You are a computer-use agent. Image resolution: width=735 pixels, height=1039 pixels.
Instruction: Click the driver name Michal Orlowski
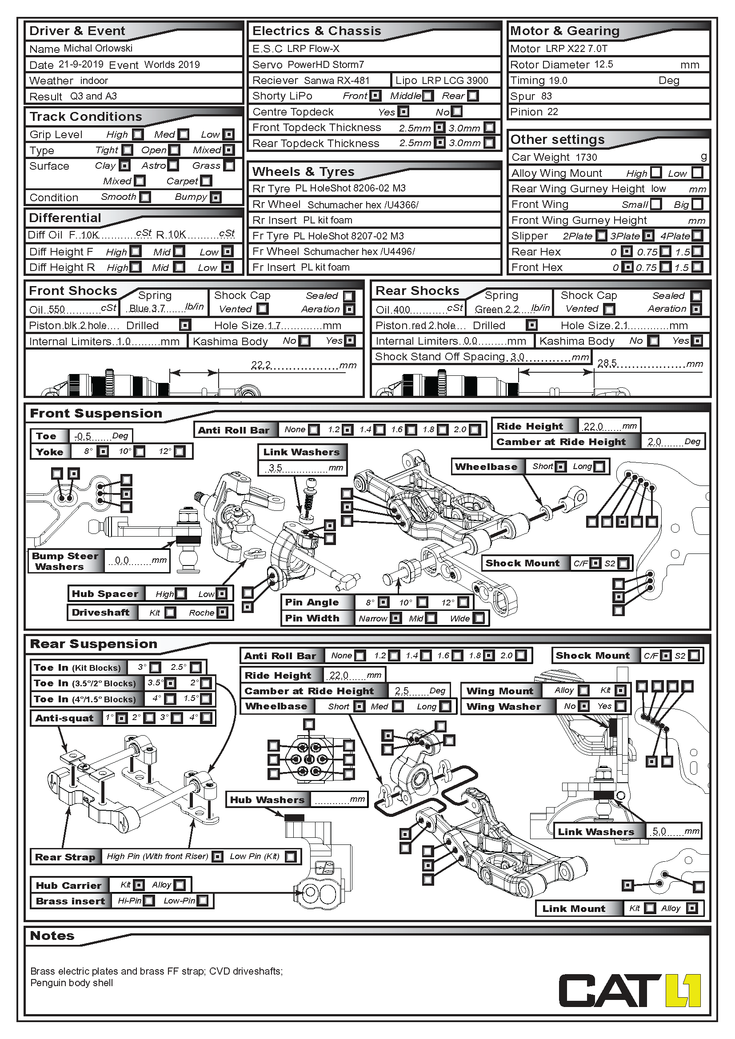98,48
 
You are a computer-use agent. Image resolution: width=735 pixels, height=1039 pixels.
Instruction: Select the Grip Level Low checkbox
229,135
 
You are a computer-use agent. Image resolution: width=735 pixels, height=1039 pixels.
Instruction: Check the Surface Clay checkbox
125,166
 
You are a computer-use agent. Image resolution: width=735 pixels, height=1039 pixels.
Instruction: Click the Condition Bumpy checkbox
216,197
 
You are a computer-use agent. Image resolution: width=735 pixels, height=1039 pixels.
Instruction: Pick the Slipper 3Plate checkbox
648,236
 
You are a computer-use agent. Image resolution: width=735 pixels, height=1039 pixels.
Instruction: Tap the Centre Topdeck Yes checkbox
403,112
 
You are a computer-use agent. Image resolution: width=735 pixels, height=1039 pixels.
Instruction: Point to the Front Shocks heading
73,291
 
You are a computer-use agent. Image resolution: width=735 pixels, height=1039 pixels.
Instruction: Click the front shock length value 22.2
261,365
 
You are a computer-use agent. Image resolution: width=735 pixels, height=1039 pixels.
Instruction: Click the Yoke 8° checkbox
103,452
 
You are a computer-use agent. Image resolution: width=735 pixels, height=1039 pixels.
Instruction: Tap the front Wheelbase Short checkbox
560,466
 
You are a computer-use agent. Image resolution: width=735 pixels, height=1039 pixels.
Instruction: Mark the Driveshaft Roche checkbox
222,613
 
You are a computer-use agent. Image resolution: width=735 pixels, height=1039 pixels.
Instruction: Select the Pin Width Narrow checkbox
395,618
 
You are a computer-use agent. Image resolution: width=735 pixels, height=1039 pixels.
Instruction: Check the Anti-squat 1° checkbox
121,718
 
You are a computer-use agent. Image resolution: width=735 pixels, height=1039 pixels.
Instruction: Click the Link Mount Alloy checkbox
691,908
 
